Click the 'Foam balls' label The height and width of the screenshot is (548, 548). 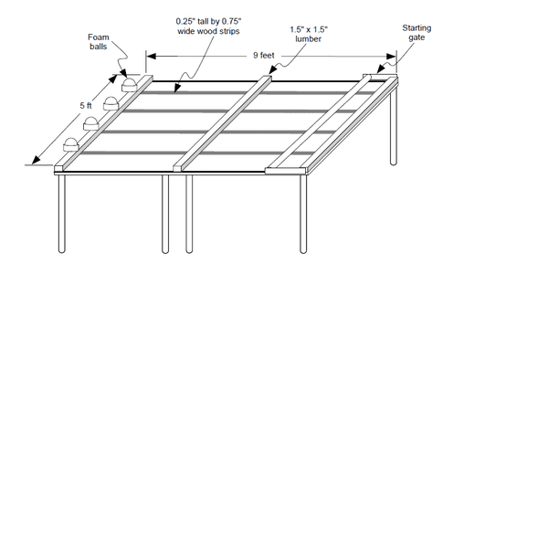(99, 42)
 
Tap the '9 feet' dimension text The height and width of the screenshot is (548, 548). (264, 55)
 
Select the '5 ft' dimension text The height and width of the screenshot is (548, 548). (86, 105)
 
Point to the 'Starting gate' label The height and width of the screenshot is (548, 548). (416, 33)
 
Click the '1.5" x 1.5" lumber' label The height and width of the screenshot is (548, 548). (309, 34)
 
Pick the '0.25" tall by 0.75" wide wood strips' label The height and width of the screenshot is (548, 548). (208, 26)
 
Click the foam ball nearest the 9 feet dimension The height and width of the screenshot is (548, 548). (129, 85)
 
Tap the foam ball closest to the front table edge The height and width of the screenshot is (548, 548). (71, 144)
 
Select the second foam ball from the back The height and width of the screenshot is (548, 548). (111, 103)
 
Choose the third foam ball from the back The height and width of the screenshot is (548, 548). (90, 123)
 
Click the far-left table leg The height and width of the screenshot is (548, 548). (61, 214)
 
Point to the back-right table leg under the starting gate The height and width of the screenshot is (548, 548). (393, 124)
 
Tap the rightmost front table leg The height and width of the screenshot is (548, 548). (303, 214)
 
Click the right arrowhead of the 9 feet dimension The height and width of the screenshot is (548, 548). (391, 57)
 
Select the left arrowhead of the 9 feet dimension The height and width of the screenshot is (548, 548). (151, 56)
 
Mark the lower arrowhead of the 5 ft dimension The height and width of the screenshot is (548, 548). (37, 160)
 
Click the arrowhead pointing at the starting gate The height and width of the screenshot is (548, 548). (381, 68)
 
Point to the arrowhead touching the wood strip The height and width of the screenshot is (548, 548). (177, 88)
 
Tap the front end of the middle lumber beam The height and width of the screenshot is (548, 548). (177, 168)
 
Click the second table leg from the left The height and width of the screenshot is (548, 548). (165, 214)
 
